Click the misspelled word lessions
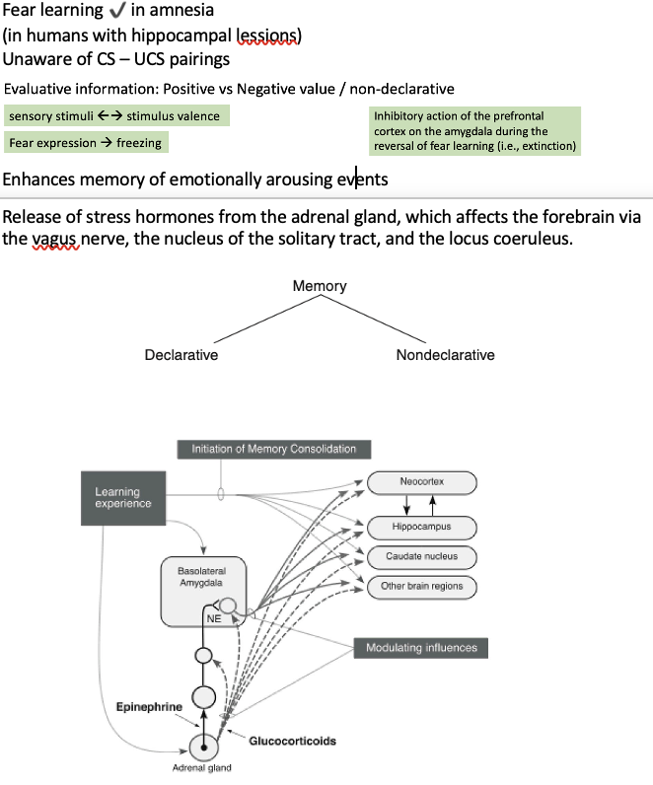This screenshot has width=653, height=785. [x=268, y=36]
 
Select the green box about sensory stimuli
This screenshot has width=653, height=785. [x=116, y=116]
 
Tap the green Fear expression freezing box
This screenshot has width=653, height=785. [x=84, y=143]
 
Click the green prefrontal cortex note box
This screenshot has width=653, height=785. [x=474, y=131]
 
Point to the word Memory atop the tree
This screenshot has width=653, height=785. [x=320, y=286]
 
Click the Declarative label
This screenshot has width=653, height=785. [x=181, y=355]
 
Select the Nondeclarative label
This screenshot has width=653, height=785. [x=445, y=355]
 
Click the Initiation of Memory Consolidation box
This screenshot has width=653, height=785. [x=273, y=450]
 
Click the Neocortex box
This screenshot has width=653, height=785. [x=422, y=482]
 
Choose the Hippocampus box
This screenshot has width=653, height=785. [x=422, y=528]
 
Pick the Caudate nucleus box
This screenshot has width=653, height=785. [x=422, y=557]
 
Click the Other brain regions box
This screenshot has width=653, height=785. [x=422, y=586]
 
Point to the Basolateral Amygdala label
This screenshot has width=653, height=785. [x=201, y=577]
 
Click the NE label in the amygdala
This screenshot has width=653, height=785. [x=212, y=618]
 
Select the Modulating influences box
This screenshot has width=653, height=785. [x=421, y=648]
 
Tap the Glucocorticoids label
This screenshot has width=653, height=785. [x=292, y=740]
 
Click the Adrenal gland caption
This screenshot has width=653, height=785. [x=202, y=768]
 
